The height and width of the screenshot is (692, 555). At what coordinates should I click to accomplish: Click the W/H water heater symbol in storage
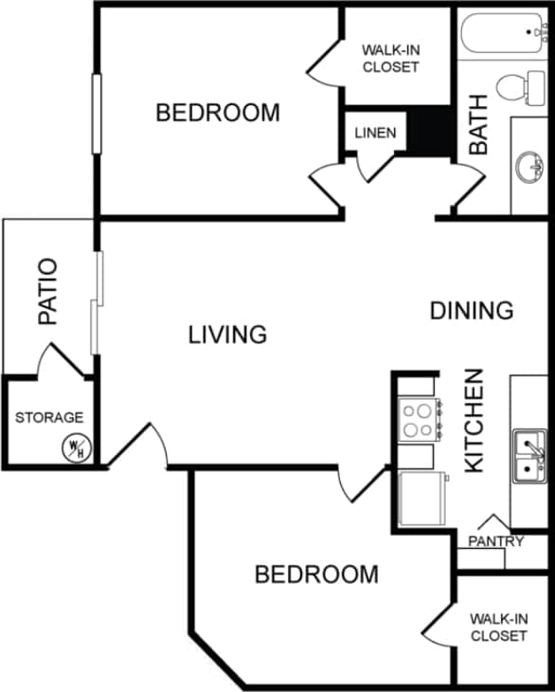tap(75, 446)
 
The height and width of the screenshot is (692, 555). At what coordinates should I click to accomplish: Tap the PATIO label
tap(48, 292)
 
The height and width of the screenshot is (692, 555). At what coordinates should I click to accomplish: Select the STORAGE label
tap(49, 417)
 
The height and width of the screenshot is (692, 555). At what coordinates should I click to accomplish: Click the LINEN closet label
tap(375, 133)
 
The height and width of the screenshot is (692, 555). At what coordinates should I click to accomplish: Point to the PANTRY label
tap(495, 541)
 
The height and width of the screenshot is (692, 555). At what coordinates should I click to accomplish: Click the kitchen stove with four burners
tap(419, 419)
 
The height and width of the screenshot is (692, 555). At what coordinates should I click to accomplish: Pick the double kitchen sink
tap(528, 456)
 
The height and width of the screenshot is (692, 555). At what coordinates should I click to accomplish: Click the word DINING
tap(472, 310)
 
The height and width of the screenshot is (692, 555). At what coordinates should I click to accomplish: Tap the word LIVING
tap(227, 335)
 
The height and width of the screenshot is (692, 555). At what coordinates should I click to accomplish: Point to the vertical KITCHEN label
tap(474, 420)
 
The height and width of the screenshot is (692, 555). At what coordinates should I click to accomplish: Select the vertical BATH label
tap(479, 124)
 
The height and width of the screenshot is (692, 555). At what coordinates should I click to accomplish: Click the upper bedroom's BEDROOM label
tap(218, 113)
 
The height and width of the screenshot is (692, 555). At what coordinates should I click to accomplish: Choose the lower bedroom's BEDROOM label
tap(316, 574)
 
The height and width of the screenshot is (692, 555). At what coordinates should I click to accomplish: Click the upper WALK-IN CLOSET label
tap(389, 59)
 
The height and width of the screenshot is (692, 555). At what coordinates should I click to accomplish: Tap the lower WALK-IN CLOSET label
tap(498, 627)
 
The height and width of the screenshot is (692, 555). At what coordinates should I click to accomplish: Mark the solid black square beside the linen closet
tap(429, 131)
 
